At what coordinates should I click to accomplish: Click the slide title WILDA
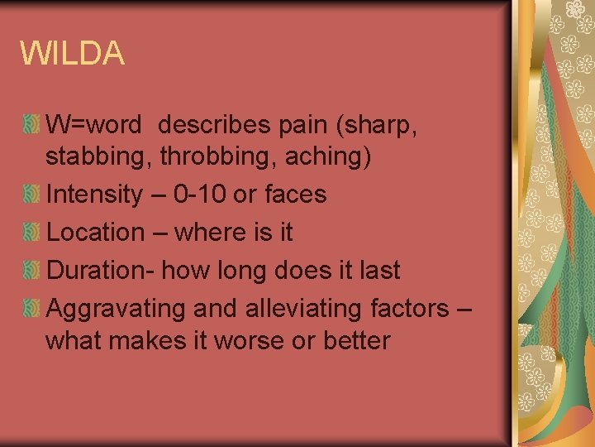click(x=73, y=54)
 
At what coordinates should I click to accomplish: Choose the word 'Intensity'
click(x=95, y=195)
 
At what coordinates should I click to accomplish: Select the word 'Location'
click(x=96, y=233)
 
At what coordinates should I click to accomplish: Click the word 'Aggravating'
click(x=116, y=309)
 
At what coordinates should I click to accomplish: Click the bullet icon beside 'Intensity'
click(x=31, y=195)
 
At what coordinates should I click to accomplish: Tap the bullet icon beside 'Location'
click(x=31, y=233)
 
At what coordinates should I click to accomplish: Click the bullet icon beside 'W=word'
click(x=31, y=126)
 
